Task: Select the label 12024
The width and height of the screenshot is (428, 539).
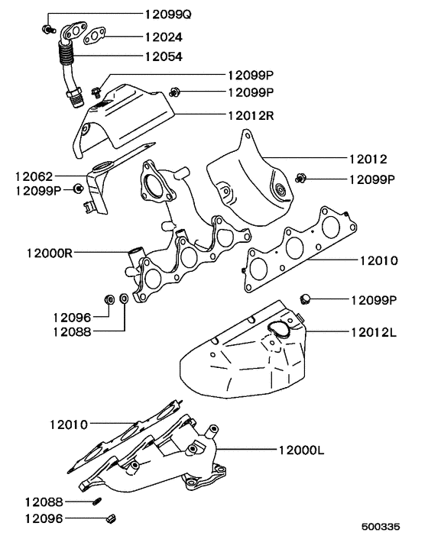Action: pyautogui.click(x=163, y=35)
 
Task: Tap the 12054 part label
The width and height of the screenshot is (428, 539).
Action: pyautogui.click(x=163, y=55)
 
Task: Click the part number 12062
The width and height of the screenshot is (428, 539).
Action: pyautogui.click(x=34, y=176)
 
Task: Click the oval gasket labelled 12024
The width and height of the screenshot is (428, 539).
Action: pyautogui.click(x=93, y=35)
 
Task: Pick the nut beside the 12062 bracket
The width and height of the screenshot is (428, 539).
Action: pyautogui.click(x=79, y=189)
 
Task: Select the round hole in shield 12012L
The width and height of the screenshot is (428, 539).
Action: pyautogui.click(x=278, y=329)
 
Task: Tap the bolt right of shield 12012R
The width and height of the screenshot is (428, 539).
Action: pyautogui.click(x=175, y=92)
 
